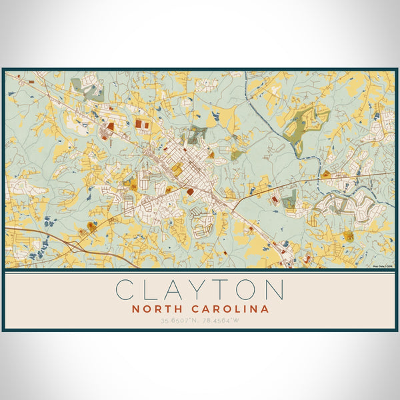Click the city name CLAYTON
click(200, 290)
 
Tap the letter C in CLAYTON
click(125, 290)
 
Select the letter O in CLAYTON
click(245, 290)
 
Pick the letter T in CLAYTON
click(216, 290)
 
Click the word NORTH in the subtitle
click(158, 309)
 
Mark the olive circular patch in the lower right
click(348, 235)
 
